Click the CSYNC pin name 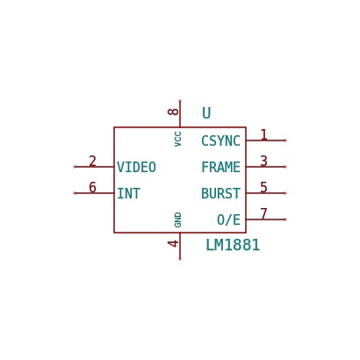(x=220, y=140)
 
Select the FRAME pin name (x=220, y=167)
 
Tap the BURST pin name (x=220, y=193)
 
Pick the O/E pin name (x=228, y=220)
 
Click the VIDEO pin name (x=136, y=167)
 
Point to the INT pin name (x=129, y=193)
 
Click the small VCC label (x=177, y=139)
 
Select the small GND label (x=177, y=220)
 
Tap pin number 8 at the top (x=173, y=112)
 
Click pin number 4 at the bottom (x=173, y=243)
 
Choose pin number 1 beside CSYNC (x=264, y=134)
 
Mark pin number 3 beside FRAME (x=264, y=161)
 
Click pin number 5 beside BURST (x=264, y=187)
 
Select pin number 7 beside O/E (x=264, y=213)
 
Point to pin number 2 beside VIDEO (x=92, y=161)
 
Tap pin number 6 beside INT (x=92, y=187)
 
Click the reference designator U (x=206, y=113)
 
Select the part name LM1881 (x=233, y=245)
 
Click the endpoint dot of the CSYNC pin (x=285, y=140)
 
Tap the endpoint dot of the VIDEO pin (x=75, y=167)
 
